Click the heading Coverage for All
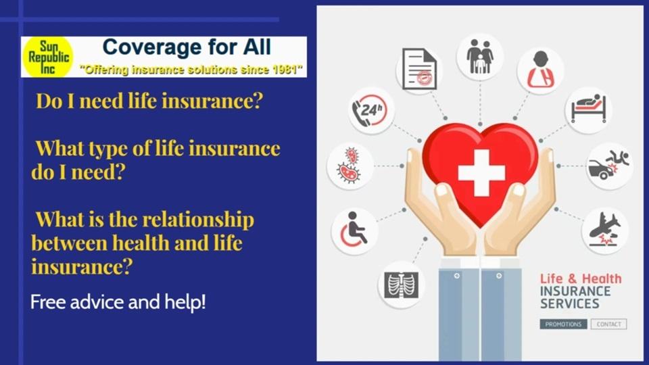tap(186, 47)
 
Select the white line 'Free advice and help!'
tap(118, 301)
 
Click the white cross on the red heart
tap(481, 172)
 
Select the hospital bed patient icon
tap(588, 109)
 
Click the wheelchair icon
tap(355, 230)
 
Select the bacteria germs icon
tap(350, 166)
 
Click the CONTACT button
tap(608, 324)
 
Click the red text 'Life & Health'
tap(580, 278)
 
